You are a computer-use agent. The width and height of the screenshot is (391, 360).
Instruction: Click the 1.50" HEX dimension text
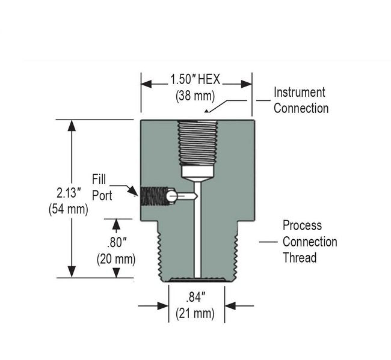coord(196,79)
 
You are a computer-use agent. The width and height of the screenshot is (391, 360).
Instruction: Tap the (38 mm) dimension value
coord(195,95)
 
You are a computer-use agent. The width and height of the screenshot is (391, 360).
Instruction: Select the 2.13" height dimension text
coord(69,194)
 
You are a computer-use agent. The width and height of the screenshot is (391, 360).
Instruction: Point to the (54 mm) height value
coord(68,209)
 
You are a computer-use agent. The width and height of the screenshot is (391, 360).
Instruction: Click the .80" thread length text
coord(115,243)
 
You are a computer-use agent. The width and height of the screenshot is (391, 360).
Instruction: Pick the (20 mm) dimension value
coord(115,259)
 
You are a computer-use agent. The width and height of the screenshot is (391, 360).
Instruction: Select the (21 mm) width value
coord(195,313)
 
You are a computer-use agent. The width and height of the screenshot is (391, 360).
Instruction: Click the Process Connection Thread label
coord(310,242)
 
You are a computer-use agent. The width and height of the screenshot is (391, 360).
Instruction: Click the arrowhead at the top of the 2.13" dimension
coord(72,126)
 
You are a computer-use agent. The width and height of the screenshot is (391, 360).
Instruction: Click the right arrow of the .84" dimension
coord(230,306)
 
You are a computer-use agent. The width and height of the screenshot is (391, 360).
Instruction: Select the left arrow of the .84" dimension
coord(162,306)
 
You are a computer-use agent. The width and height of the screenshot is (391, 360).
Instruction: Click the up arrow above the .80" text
coord(116,225)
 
